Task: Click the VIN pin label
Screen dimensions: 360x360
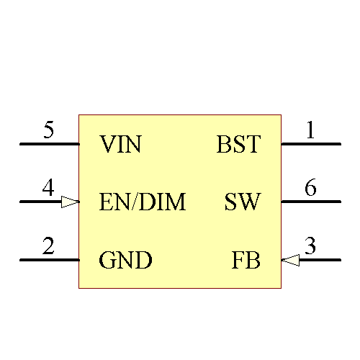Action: (120, 145)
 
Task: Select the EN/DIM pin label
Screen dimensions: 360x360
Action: (143, 202)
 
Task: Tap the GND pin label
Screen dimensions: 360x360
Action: (125, 260)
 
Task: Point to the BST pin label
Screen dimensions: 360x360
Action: (238, 145)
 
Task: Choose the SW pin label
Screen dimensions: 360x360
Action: (242, 202)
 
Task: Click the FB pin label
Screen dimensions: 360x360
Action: (246, 260)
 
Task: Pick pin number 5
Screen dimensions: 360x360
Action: (48, 131)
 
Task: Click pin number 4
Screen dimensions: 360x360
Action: (48, 189)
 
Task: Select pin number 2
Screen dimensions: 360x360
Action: (48, 246)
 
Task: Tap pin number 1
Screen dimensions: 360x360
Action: (310, 131)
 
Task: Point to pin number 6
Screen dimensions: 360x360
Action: (310, 189)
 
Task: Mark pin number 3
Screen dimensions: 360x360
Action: (310, 246)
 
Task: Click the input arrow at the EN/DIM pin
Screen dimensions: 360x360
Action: (70, 202)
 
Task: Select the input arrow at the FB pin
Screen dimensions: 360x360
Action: (290, 259)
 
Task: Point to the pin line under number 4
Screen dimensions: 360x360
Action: (40, 202)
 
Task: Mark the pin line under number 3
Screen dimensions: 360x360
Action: (320, 259)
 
